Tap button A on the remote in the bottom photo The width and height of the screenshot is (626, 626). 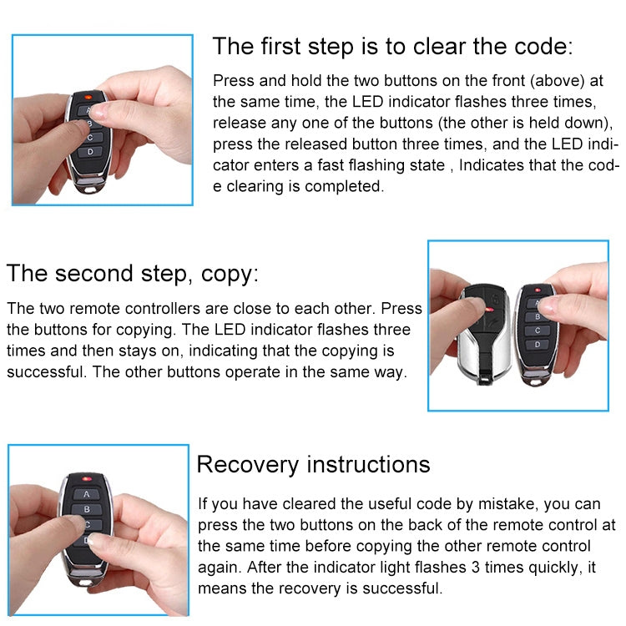point(86,493)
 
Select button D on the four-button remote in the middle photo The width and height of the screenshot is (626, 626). point(538,344)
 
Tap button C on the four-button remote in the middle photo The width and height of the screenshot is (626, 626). point(538,331)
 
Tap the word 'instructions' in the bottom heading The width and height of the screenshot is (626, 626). point(369,464)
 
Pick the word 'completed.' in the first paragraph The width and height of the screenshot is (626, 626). point(344,186)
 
